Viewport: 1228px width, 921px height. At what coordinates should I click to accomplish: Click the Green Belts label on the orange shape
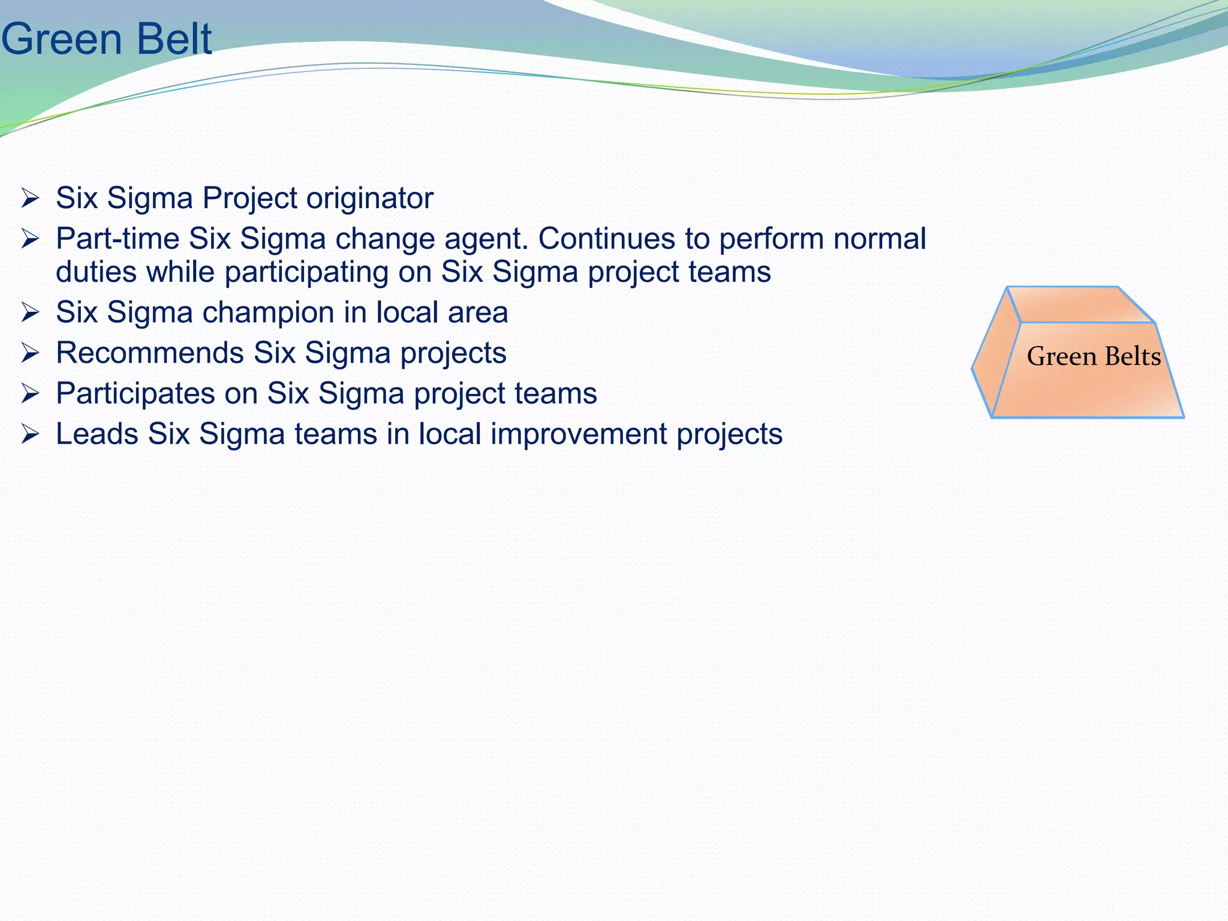(x=1094, y=357)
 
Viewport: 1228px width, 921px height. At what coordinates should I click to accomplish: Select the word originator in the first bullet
(x=370, y=198)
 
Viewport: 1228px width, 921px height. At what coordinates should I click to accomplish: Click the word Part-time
(x=118, y=239)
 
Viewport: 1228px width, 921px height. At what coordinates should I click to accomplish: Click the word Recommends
(x=150, y=353)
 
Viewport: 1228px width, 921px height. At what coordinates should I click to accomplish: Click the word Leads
(x=97, y=434)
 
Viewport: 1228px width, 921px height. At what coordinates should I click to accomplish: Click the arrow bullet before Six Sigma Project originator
(x=30, y=198)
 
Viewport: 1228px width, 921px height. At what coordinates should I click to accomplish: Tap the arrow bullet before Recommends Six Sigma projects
(x=30, y=353)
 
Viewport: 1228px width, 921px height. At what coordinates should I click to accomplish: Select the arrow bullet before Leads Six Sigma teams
(x=30, y=434)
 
